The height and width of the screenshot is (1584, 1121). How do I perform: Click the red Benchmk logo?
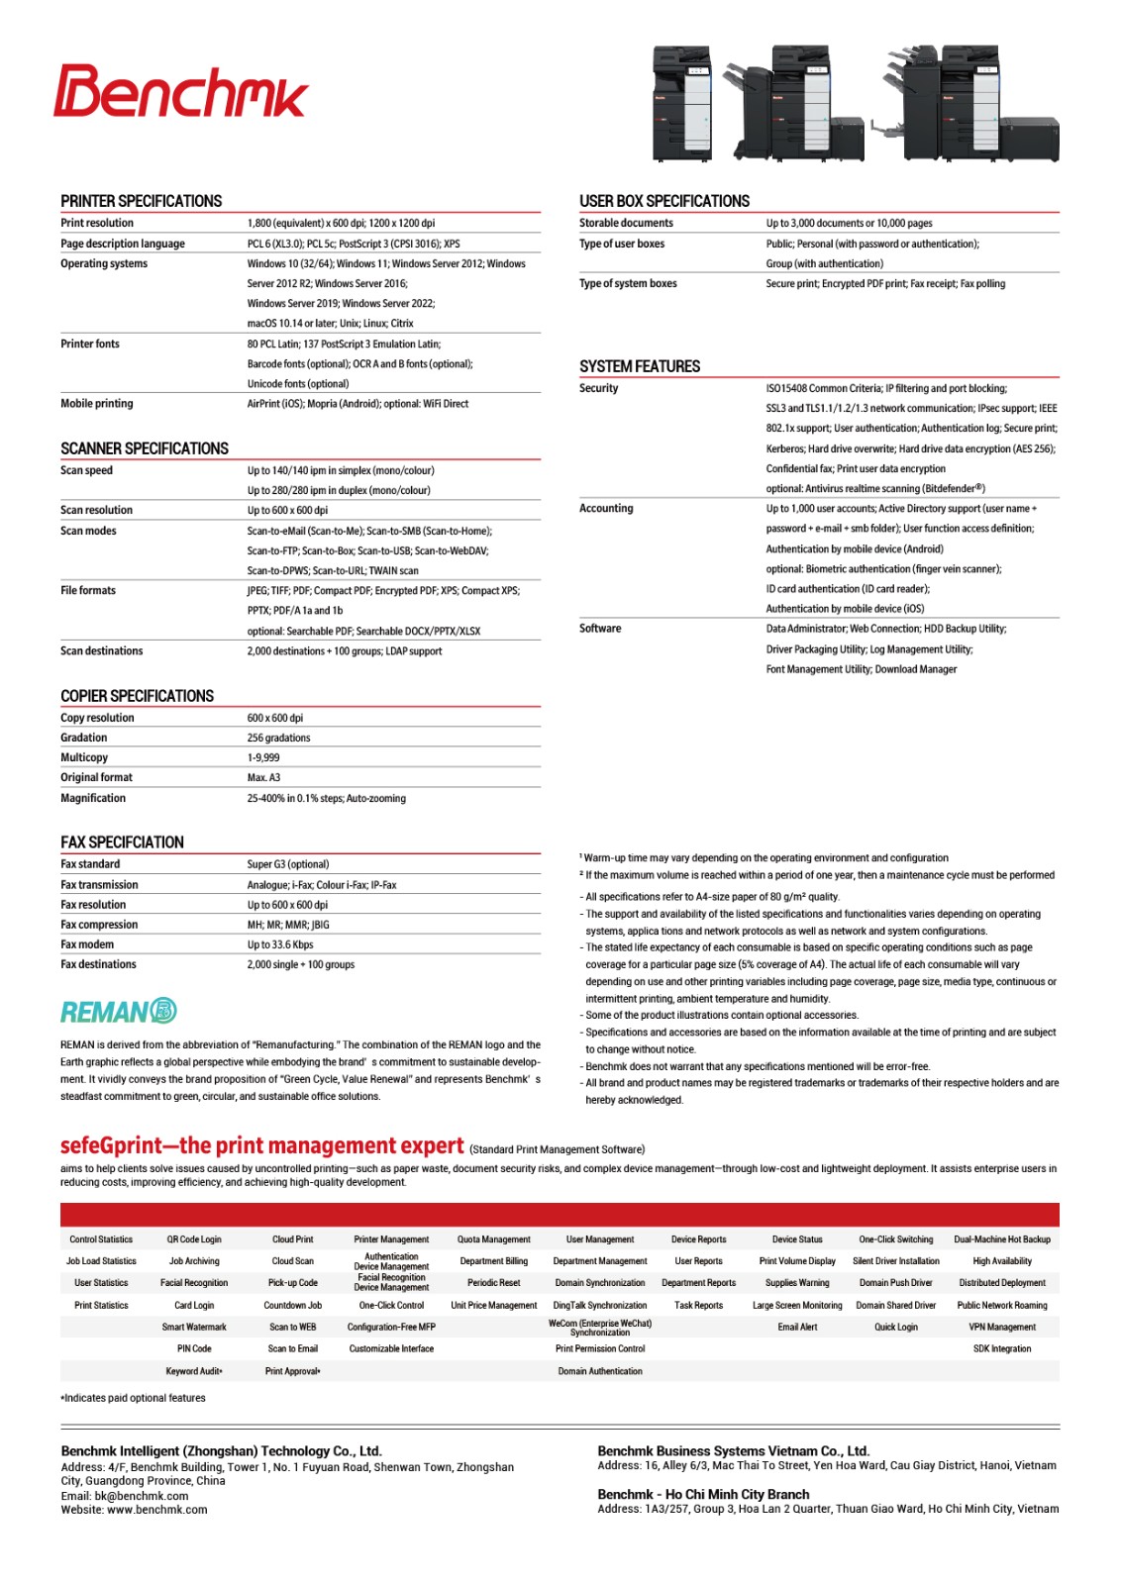click(181, 92)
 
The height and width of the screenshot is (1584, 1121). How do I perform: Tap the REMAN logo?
click(118, 1011)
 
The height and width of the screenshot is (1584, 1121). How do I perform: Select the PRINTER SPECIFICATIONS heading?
click(142, 201)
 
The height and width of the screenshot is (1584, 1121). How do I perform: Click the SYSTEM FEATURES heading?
click(640, 366)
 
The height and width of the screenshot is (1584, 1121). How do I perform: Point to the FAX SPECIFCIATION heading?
click(123, 842)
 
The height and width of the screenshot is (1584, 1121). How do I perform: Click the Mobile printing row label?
click(97, 404)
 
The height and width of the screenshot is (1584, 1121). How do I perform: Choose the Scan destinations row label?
click(102, 651)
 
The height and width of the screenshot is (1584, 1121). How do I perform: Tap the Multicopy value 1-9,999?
click(263, 758)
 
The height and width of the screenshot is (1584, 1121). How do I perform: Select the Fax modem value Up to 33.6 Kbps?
click(280, 944)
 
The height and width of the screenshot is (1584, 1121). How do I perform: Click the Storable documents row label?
click(626, 224)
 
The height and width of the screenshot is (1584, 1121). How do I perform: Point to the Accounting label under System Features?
click(606, 509)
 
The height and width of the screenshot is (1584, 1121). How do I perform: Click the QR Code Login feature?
click(194, 1239)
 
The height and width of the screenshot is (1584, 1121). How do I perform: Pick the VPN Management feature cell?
click(1002, 1328)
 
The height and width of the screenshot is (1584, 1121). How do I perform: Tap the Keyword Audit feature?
click(194, 1371)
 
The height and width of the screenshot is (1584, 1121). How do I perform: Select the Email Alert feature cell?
click(797, 1328)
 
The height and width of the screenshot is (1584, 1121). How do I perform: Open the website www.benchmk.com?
click(157, 1510)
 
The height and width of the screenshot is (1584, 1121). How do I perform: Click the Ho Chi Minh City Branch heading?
click(703, 1494)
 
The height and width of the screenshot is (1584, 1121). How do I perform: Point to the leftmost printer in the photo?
click(682, 102)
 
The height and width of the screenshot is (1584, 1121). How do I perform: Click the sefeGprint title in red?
click(261, 1145)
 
